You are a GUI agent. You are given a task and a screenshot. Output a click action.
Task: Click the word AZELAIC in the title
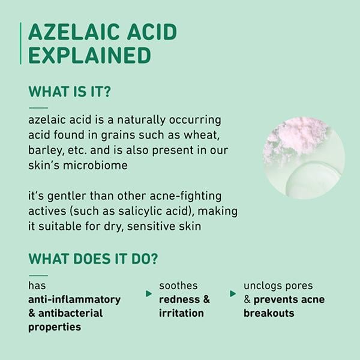pos(74,32)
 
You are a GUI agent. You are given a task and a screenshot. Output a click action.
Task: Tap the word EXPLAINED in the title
pos(90,55)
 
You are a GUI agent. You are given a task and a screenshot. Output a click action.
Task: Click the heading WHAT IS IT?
pos(70,91)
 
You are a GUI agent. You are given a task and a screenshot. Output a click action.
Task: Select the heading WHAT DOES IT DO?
pos(93,259)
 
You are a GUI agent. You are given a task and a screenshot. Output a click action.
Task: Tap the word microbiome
pos(95,166)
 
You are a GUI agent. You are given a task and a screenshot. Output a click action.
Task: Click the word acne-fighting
pos(185,196)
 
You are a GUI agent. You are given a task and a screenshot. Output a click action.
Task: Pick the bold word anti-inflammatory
pos(74,299)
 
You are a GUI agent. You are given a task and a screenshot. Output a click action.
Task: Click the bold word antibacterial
pos(70,313)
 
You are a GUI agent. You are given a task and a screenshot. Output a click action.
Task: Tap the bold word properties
pos(55,327)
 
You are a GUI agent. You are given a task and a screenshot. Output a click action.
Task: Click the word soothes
pos(178,286)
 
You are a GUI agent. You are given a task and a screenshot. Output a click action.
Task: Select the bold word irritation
pos(181,313)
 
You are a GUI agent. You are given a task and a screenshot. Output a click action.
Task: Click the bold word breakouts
pos(269,313)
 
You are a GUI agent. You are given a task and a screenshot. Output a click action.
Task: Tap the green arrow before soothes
pos(149,293)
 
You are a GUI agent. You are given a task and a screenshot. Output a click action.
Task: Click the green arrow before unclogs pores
pos(233,293)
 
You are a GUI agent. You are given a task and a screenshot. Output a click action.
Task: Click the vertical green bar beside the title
pos(20,43)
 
